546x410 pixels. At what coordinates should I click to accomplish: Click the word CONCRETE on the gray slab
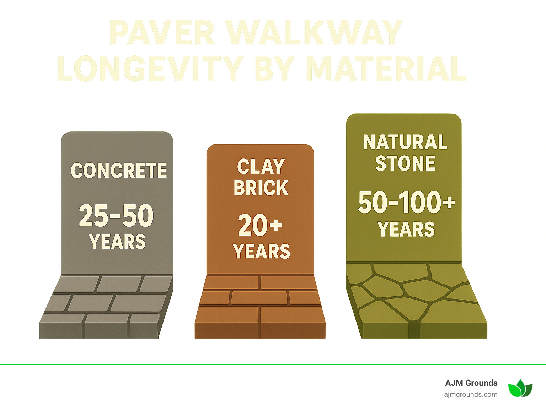tap(119, 171)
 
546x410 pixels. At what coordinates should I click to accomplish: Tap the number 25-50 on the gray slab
tap(116, 215)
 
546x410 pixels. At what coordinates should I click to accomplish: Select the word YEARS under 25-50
tap(117, 242)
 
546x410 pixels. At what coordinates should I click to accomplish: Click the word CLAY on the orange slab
tap(261, 167)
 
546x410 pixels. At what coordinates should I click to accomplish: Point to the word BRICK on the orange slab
tap(261, 188)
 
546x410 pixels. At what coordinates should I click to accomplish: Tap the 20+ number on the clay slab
tap(260, 225)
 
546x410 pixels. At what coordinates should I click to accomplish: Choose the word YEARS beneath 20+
tap(262, 252)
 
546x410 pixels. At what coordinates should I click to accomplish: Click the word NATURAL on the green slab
tap(405, 142)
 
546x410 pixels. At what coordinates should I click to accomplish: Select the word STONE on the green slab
tap(405, 163)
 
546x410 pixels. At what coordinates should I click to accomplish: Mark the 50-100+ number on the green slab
tap(406, 203)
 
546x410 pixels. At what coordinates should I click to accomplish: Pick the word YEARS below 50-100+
tap(406, 229)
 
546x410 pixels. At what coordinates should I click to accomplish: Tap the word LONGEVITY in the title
tap(149, 69)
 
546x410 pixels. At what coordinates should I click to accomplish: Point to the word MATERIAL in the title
tap(386, 69)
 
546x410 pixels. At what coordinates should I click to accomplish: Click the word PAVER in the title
tap(162, 33)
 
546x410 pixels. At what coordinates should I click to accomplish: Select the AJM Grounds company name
tap(471, 383)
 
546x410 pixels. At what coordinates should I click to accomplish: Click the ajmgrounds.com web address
tap(471, 394)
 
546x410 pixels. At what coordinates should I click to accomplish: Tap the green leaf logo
tap(520, 388)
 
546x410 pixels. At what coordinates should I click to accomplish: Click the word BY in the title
tap(274, 69)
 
